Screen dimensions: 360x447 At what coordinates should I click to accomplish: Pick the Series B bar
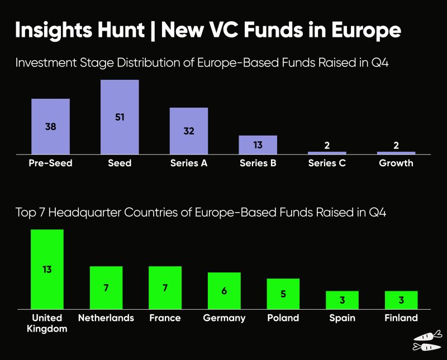[258, 145]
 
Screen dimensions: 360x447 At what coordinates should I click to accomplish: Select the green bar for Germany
[224, 290]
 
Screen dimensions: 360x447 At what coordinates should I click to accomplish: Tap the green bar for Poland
[283, 294]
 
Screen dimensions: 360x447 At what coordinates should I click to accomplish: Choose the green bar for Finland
[401, 300]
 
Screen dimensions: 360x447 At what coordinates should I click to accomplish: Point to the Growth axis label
[396, 163]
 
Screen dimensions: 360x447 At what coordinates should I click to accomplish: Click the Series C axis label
[327, 163]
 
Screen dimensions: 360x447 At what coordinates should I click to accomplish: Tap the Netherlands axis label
[106, 318]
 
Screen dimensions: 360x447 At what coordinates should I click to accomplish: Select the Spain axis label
[342, 318]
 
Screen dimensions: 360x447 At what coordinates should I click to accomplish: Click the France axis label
[165, 318]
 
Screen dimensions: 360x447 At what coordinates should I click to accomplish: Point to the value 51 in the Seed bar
[120, 117]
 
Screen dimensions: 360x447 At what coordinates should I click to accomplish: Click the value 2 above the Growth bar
[396, 145]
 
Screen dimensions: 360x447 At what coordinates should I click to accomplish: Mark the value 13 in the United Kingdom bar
[47, 269]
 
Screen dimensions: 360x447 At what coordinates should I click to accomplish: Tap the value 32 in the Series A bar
[189, 131]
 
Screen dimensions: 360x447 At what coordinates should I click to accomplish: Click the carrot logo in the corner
[427, 341]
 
